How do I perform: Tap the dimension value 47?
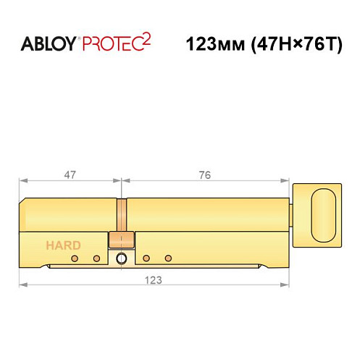(70, 174)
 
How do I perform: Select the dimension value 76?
(205, 174)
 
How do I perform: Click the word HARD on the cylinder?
(64, 245)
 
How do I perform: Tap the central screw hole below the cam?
(121, 258)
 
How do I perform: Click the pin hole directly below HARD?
(75, 258)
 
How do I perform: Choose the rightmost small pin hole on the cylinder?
(167, 258)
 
